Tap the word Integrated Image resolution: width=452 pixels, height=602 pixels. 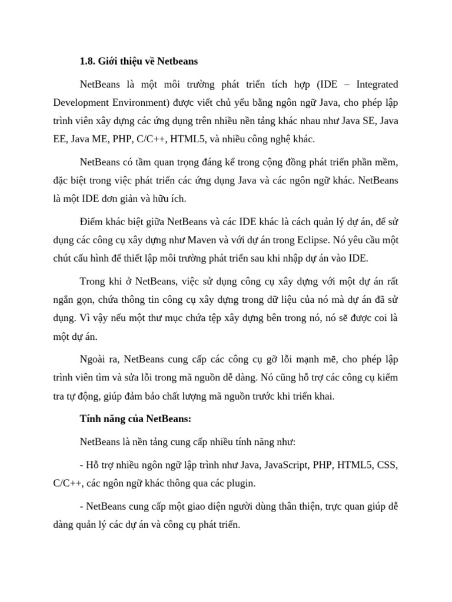[x=374, y=85]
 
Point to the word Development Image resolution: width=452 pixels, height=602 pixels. [x=81, y=103]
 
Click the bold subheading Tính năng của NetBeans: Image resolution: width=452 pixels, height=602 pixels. [x=135, y=419]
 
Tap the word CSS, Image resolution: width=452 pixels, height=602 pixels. [x=387, y=465]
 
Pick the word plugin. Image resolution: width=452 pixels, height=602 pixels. [x=240, y=483]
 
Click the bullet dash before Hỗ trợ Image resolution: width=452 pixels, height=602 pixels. [x=81, y=465]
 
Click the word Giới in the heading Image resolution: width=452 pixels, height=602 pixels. [x=111, y=61]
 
